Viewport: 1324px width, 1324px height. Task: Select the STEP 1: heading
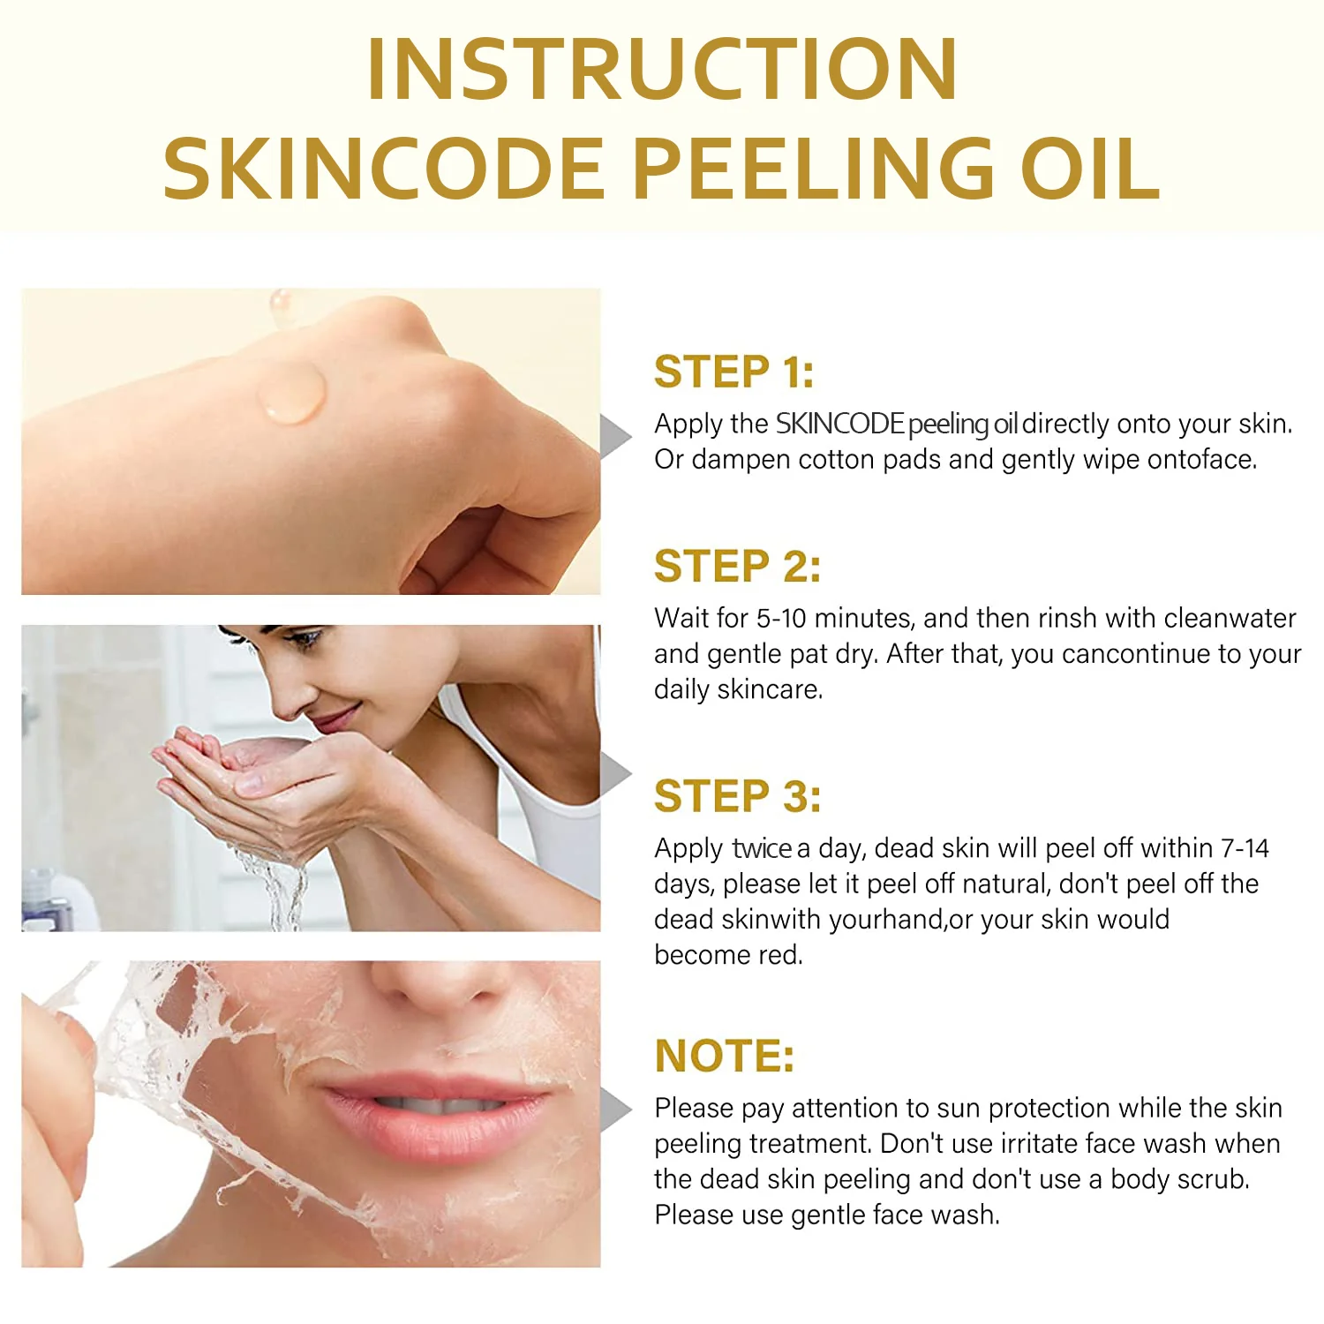coord(733,371)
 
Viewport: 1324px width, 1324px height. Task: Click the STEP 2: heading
coord(737,566)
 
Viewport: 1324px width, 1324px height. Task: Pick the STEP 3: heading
coord(737,796)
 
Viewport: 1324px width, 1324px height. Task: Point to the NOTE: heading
coord(725,1056)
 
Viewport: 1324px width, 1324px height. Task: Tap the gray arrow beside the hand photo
coord(615,437)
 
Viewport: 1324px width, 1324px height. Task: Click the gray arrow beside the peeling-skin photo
coord(615,1110)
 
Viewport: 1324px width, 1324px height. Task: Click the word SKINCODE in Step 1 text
coord(839,424)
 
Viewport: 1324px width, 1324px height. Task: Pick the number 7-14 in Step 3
coord(1245,848)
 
